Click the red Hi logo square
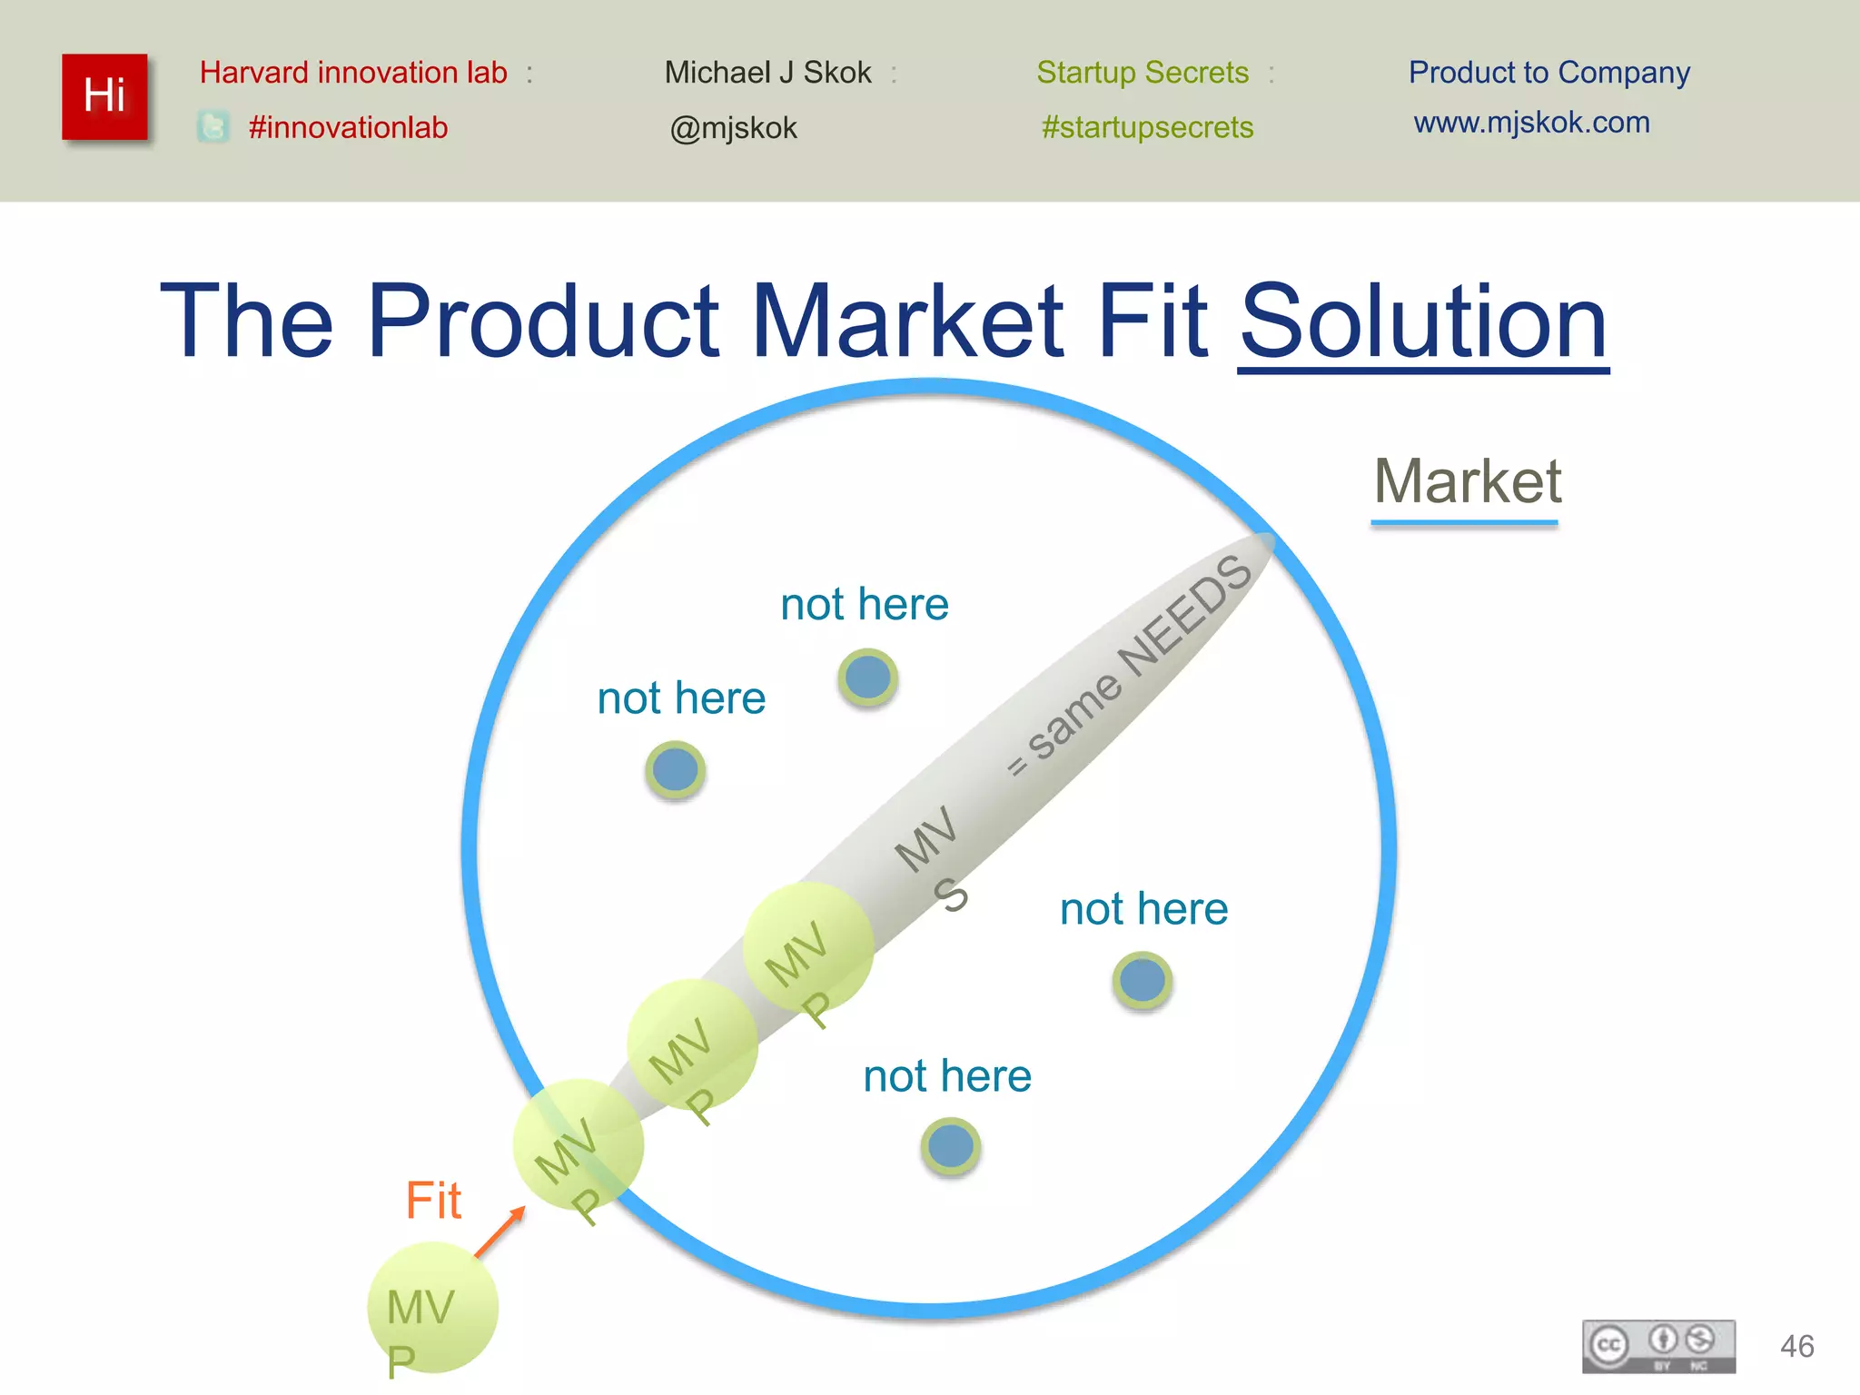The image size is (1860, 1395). coord(104,96)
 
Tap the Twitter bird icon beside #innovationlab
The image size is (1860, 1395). coord(213,126)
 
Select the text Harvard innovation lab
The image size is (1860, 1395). coord(353,73)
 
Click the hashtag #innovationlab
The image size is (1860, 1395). coord(348,127)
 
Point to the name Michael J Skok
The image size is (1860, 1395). coord(767,73)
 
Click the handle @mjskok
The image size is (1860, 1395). coord(733,128)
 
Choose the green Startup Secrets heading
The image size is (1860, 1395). coord(1143,73)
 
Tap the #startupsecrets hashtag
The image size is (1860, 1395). coord(1147,127)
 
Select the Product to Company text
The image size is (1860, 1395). coord(1548,73)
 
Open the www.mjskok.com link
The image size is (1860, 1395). coord(1531,123)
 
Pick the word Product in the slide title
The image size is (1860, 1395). coord(544,322)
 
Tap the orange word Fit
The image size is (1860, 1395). coord(433,1201)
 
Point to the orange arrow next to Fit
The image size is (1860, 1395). coord(500,1231)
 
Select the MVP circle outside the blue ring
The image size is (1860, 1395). coord(432,1308)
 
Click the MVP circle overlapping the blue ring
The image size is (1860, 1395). coord(579,1144)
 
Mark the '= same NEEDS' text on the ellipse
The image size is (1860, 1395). coord(1131,666)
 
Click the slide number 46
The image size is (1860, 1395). coord(1796,1346)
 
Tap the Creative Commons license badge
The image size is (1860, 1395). coord(1658,1345)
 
